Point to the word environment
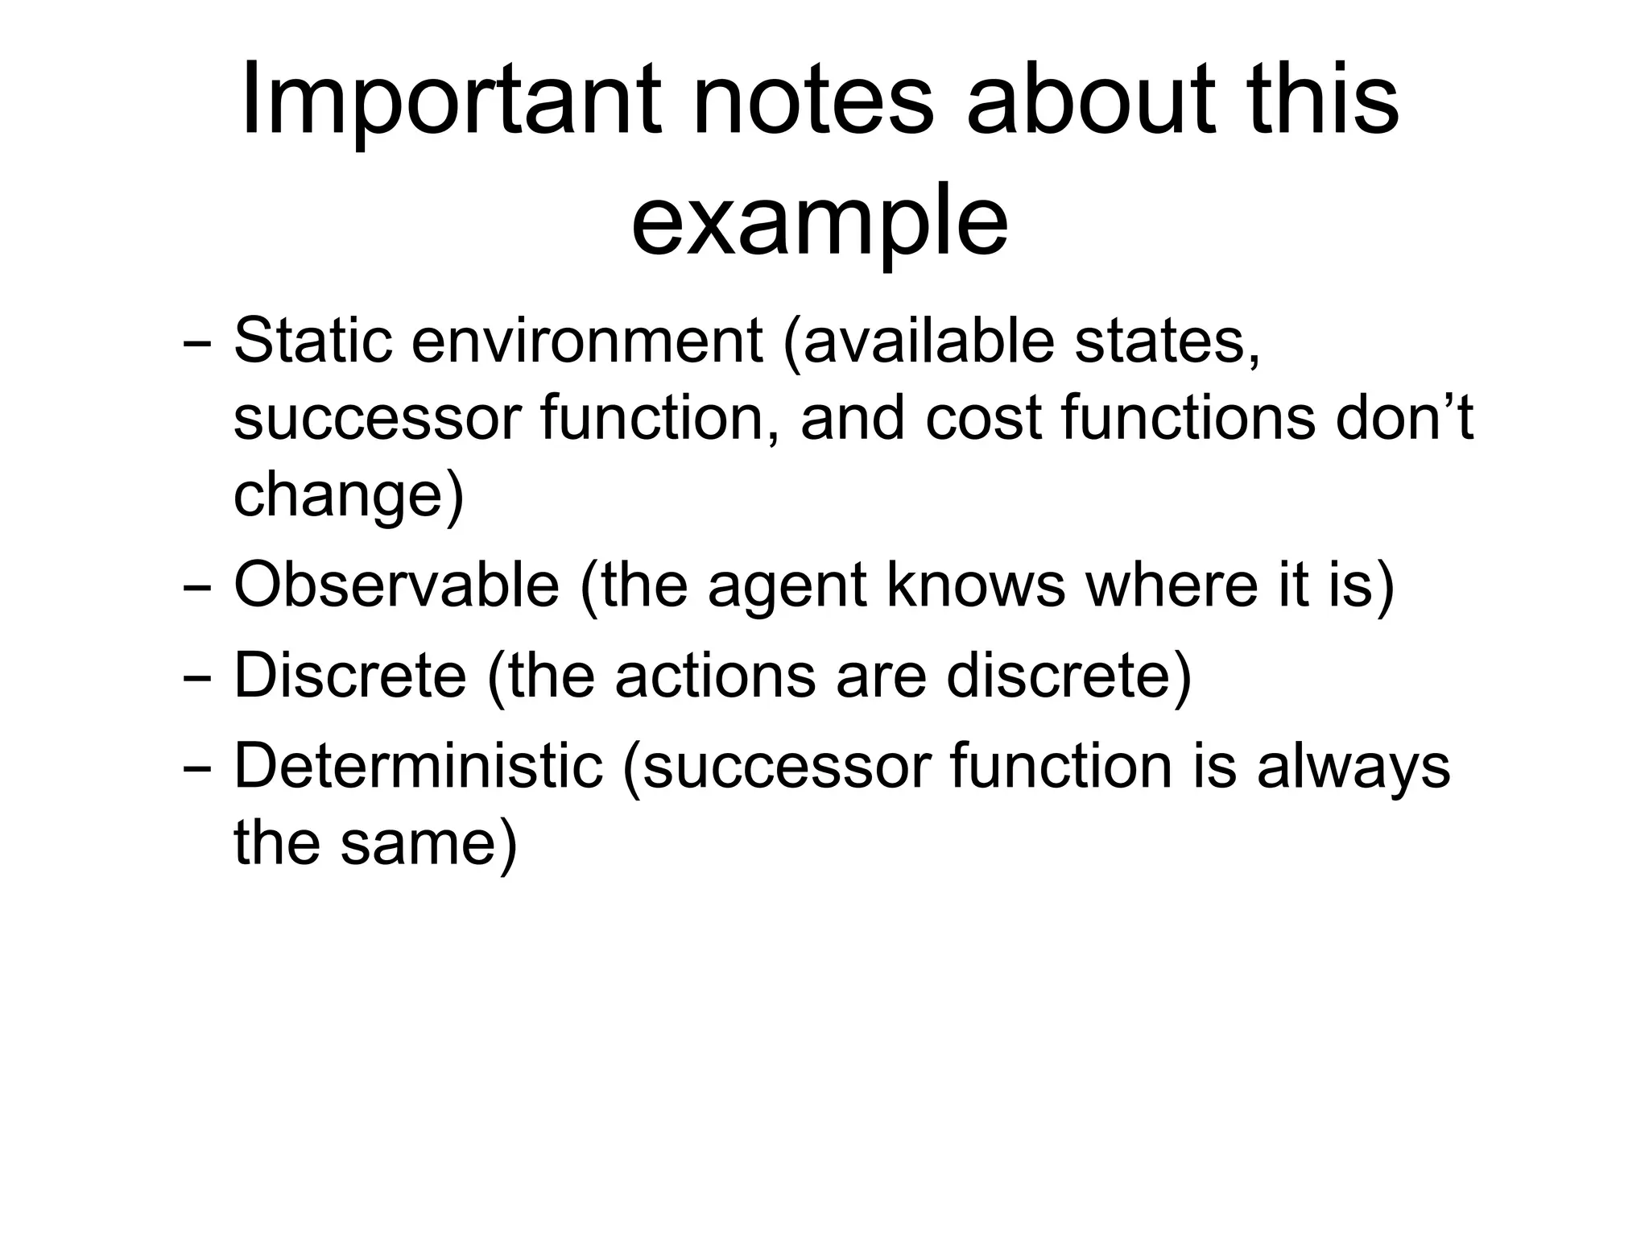pyautogui.click(x=587, y=341)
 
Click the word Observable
pyautogui.click(x=396, y=585)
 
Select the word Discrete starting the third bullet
pyautogui.click(x=349, y=676)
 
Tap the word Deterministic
pyautogui.click(x=418, y=766)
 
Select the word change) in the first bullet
pyautogui.click(x=349, y=495)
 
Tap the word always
pyautogui.click(x=1353, y=766)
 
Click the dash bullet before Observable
pyautogui.click(x=197, y=587)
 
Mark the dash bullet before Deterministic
pyautogui.click(x=197, y=767)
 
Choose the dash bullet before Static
pyautogui.click(x=197, y=342)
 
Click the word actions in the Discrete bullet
pyautogui.click(x=715, y=676)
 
